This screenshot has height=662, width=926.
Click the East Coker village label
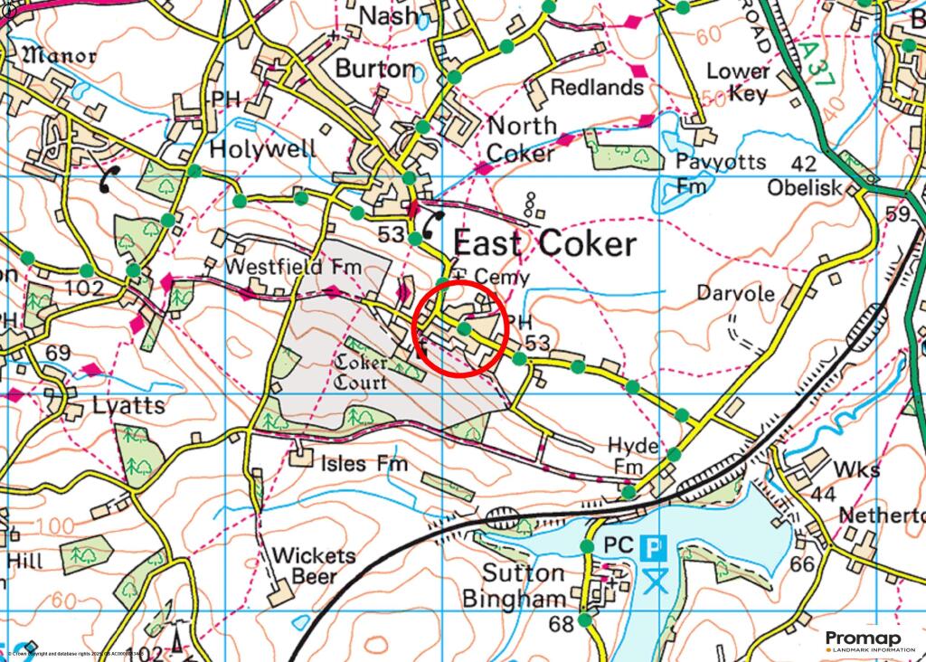click(543, 243)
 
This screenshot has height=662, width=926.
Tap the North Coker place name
click(522, 139)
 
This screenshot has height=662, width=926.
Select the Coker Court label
click(362, 371)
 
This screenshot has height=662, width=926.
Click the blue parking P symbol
click(654, 547)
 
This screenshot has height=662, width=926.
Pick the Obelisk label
click(805, 188)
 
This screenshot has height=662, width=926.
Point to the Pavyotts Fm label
click(721, 174)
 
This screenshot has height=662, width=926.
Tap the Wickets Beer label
click(314, 565)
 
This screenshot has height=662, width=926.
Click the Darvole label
click(735, 294)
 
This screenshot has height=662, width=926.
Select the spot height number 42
click(803, 164)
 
